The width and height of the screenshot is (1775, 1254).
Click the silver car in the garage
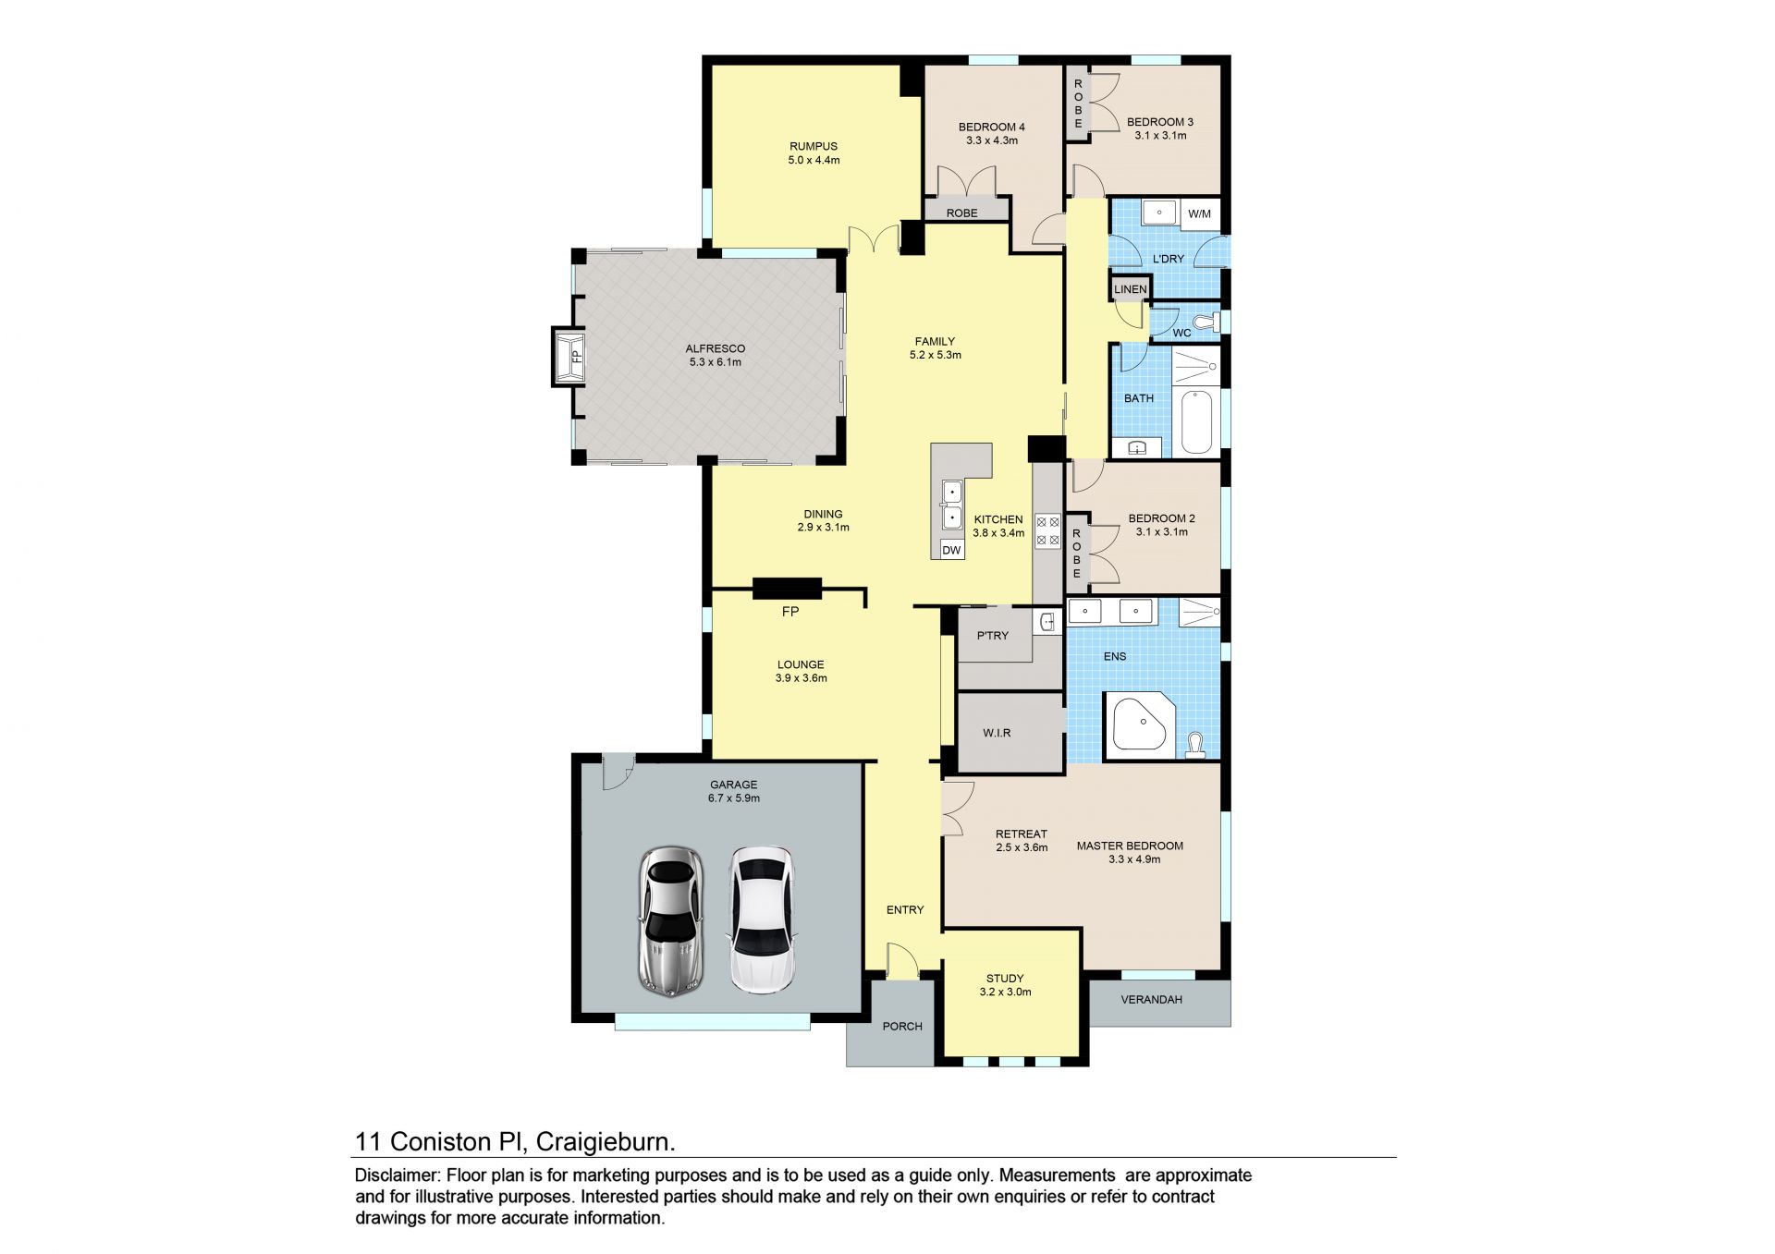point(671,920)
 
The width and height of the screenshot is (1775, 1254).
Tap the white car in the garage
point(761,920)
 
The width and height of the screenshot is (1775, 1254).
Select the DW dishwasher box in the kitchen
point(951,550)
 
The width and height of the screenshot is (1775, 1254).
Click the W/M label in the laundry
point(1199,213)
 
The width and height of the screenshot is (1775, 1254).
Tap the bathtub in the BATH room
point(1196,422)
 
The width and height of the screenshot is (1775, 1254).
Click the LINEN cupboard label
point(1130,289)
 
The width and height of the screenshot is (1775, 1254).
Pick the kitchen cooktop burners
point(1047,531)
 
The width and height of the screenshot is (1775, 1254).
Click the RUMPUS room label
point(814,146)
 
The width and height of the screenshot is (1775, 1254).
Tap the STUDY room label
point(1005,978)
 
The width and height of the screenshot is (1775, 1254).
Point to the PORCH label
point(902,1026)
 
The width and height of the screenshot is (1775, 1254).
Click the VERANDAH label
point(1151,999)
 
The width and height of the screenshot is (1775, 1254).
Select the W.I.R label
point(997,733)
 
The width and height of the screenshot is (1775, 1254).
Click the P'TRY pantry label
point(993,636)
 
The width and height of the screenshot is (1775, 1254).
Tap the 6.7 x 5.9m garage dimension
point(734,798)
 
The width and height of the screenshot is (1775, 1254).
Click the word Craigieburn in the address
point(606,1142)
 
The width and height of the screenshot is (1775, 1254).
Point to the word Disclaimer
point(398,1175)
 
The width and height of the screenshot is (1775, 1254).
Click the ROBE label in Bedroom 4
point(961,213)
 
